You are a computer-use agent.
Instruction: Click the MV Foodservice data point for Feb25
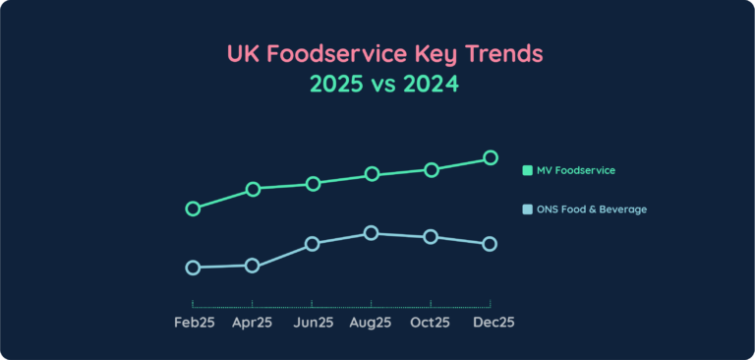pyautogui.click(x=193, y=209)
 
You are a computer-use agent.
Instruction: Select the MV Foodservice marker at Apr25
pyautogui.click(x=253, y=189)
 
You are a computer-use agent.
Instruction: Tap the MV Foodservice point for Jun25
pyautogui.click(x=313, y=184)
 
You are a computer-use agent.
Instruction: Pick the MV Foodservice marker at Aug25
pyautogui.click(x=372, y=174)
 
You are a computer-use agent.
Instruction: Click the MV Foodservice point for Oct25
pyautogui.click(x=431, y=169)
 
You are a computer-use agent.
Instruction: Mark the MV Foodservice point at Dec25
pyautogui.click(x=490, y=157)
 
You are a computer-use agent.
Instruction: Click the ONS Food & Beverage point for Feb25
pyautogui.click(x=193, y=268)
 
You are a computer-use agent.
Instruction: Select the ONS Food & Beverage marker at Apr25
pyautogui.click(x=253, y=266)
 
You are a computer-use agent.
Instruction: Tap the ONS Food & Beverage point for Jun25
pyautogui.click(x=313, y=244)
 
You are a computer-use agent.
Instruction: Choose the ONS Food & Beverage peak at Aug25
pyautogui.click(x=372, y=233)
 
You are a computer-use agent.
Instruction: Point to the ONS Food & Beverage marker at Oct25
pyautogui.click(x=431, y=237)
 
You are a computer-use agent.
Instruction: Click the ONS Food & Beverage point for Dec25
pyautogui.click(x=490, y=244)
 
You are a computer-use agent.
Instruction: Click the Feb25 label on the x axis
pyautogui.click(x=194, y=323)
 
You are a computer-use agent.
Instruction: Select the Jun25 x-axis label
pyautogui.click(x=313, y=323)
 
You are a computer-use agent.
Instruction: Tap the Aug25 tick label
pyautogui.click(x=372, y=323)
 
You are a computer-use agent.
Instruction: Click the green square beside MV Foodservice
pyautogui.click(x=528, y=170)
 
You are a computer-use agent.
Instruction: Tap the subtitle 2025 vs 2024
pyautogui.click(x=383, y=85)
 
